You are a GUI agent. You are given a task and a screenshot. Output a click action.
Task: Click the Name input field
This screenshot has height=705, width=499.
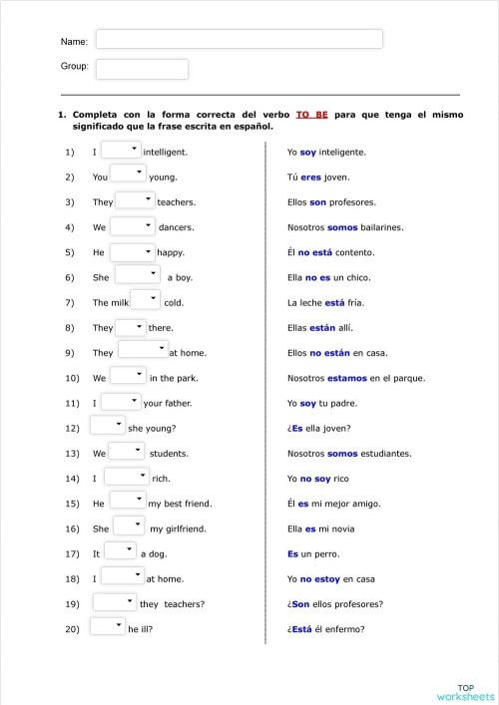tap(239, 39)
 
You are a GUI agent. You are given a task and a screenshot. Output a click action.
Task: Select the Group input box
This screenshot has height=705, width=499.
tap(142, 69)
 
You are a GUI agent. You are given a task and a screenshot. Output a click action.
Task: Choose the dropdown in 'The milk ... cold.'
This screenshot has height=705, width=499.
tap(145, 299)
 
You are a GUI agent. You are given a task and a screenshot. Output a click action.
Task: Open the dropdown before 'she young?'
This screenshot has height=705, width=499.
tap(107, 425)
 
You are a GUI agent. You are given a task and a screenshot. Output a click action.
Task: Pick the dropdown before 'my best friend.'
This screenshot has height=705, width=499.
tap(127, 500)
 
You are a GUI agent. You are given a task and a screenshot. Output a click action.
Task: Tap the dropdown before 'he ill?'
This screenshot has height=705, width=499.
tap(107, 626)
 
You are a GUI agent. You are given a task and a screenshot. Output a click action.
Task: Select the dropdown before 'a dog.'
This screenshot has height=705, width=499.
tap(120, 550)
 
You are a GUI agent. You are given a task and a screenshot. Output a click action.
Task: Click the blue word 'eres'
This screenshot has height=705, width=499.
tap(310, 177)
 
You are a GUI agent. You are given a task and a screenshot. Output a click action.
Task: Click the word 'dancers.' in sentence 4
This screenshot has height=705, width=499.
tap(176, 227)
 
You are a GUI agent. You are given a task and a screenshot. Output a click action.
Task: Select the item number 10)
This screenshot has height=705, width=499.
tap(71, 378)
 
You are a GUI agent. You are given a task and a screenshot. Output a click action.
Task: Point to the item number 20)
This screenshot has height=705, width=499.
tap(71, 629)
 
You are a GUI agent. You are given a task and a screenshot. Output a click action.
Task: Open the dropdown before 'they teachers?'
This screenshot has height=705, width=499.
tap(115, 601)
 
